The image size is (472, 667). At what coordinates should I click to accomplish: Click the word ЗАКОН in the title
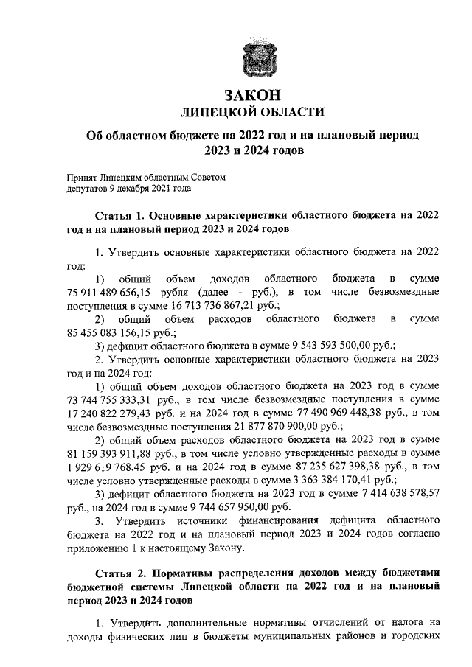pyautogui.click(x=252, y=94)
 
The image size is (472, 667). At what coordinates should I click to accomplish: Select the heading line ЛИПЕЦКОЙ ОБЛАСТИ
pyautogui.click(x=252, y=111)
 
